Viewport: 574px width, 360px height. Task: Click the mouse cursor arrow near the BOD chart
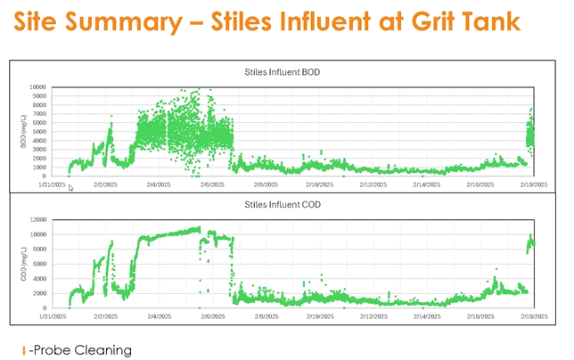click(x=71, y=187)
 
